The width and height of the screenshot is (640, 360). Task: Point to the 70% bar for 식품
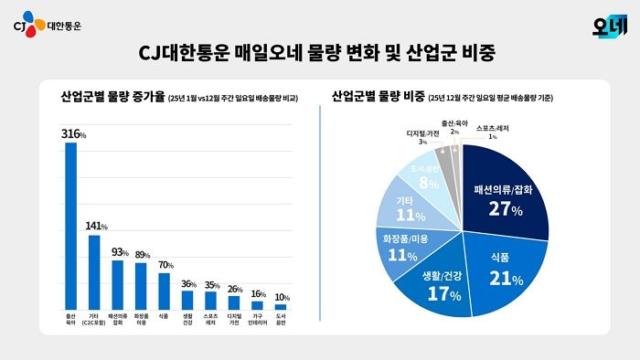pyautogui.click(x=165, y=291)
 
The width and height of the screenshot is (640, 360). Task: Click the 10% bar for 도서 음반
pyautogui.click(x=281, y=307)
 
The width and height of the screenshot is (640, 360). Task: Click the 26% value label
pyautogui.click(x=235, y=290)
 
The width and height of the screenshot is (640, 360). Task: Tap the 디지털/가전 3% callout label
pyautogui.click(x=423, y=137)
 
